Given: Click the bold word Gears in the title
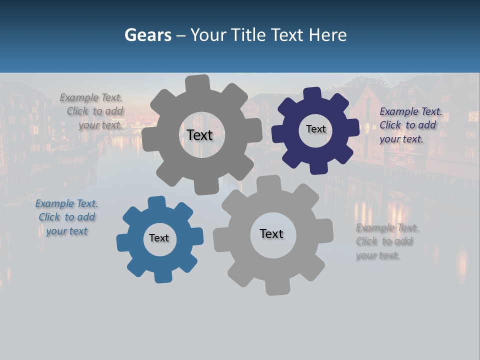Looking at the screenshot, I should tap(147, 35).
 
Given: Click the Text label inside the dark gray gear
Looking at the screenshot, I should tap(199, 135).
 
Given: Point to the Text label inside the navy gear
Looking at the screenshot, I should tap(315, 129).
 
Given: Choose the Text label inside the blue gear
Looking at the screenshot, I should tap(159, 238).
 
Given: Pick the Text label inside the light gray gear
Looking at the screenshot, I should tap(271, 233).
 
